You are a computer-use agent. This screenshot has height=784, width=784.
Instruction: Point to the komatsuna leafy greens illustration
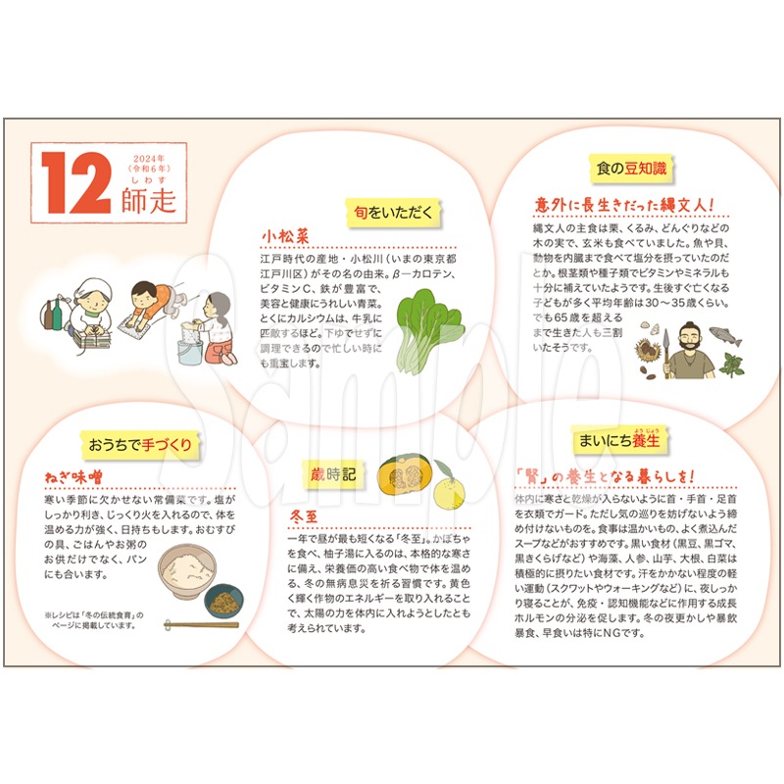pos(427,328)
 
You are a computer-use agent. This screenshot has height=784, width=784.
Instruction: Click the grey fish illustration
pos(737,334)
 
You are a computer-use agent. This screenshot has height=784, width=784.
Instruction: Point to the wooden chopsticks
pos(200,623)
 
